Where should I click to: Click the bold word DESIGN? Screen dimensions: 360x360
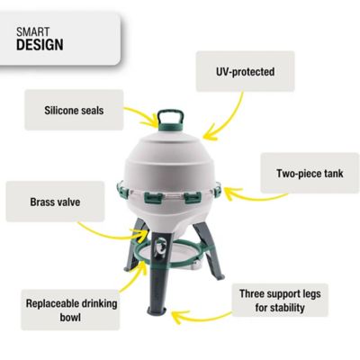pos(40,45)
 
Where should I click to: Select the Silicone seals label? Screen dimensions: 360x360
pos(75,112)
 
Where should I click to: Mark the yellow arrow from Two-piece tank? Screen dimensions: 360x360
pos(239,189)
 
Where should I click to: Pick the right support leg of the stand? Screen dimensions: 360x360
pos(212,270)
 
